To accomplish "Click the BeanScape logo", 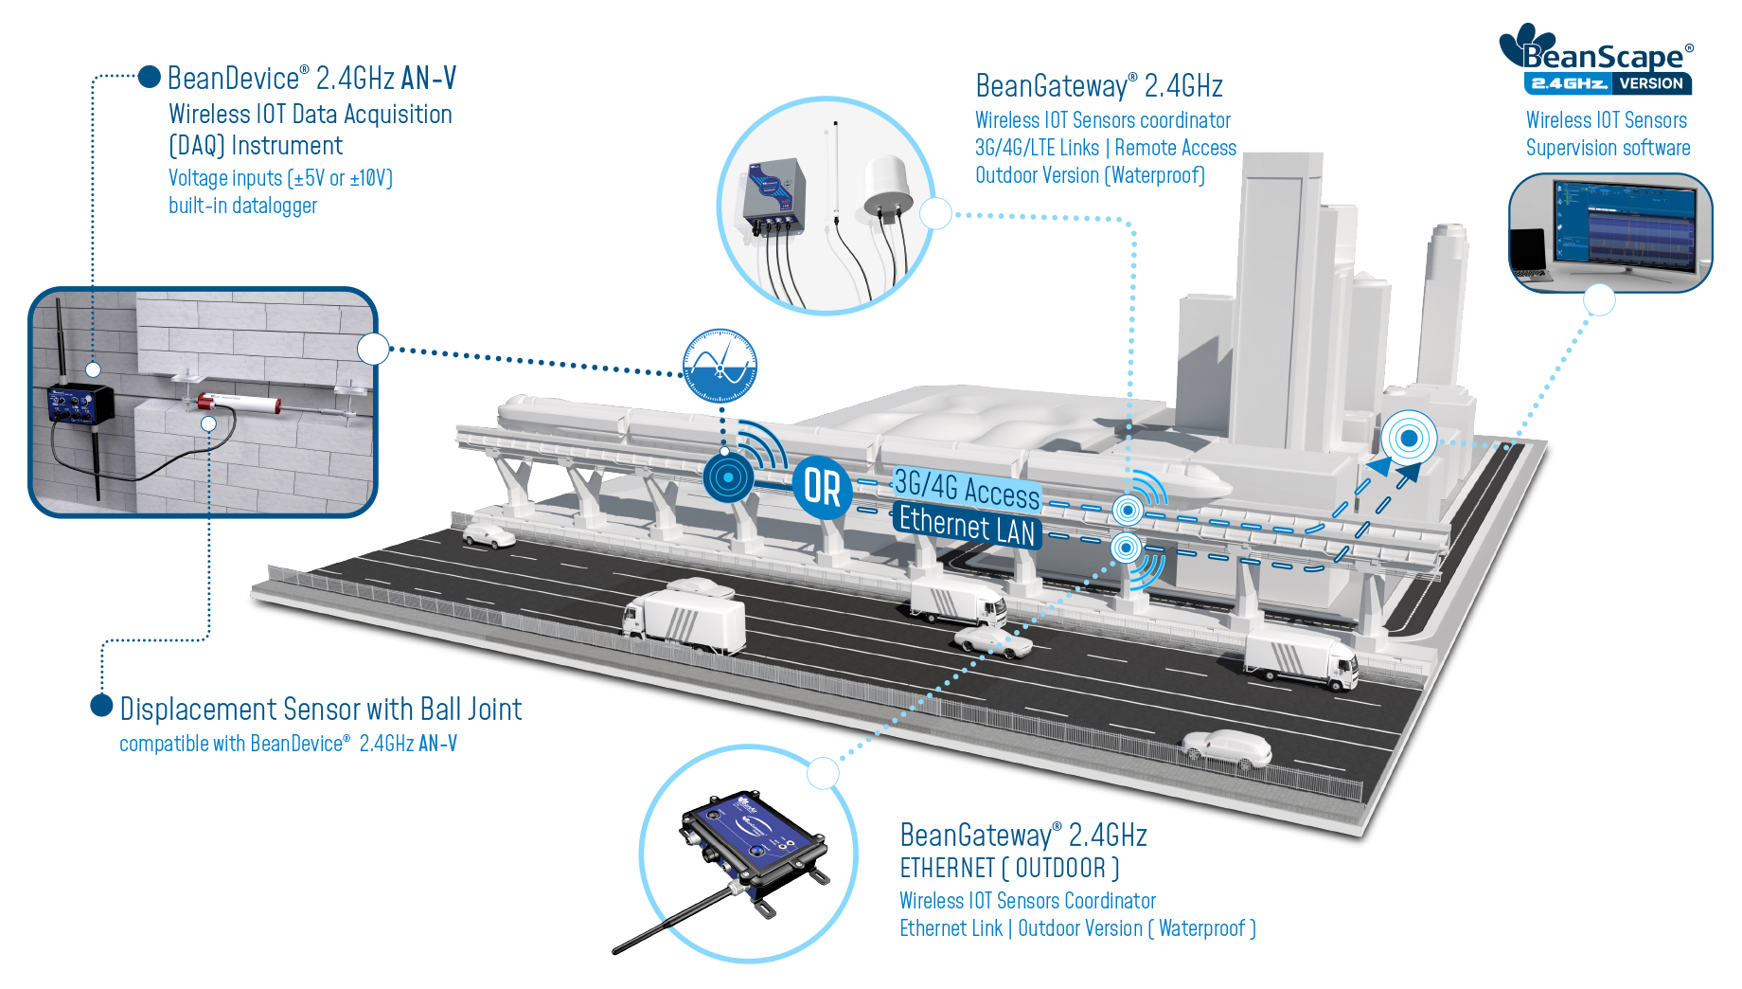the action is pyautogui.click(x=1596, y=59).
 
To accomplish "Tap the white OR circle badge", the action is pyautogui.click(x=822, y=488).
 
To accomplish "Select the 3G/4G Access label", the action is pyautogui.click(x=967, y=489).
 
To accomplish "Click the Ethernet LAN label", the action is pyautogui.click(x=967, y=526).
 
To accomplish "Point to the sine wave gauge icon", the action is pyautogui.click(x=720, y=366).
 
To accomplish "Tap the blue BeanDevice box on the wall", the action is pyautogui.click(x=80, y=405).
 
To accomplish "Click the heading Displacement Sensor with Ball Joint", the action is pyautogui.click(x=321, y=709).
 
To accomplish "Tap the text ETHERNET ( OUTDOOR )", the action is pyautogui.click(x=1009, y=868).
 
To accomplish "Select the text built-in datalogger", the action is pyautogui.click(x=243, y=206).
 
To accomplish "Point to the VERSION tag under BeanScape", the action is pyautogui.click(x=1651, y=83).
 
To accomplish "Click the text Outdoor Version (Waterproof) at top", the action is pyautogui.click(x=1090, y=175).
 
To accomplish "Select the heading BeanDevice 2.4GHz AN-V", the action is pyautogui.click(x=311, y=78).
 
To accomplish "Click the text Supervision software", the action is pyautogui.click(x=1608, y=148).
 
